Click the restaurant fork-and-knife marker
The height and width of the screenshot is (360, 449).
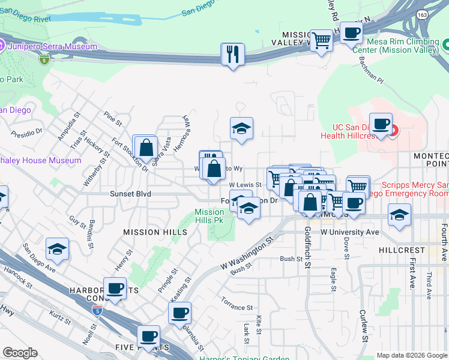[x=232, y=55]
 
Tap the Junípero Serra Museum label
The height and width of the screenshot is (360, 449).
[x=52, y=46]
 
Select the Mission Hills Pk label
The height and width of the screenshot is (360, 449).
[x=209, y=216]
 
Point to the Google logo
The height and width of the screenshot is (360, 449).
[x=20, y=353]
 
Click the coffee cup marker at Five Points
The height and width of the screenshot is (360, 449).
[x=148, y=337]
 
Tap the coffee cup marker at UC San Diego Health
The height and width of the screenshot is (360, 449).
[x=380, y=124]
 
